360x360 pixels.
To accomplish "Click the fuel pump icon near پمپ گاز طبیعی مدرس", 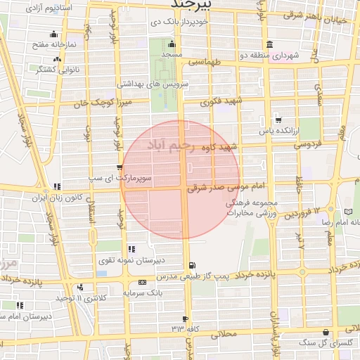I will [191, 265].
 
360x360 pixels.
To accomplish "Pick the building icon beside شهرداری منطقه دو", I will [270, 43].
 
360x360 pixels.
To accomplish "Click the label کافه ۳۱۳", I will [185, 328].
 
